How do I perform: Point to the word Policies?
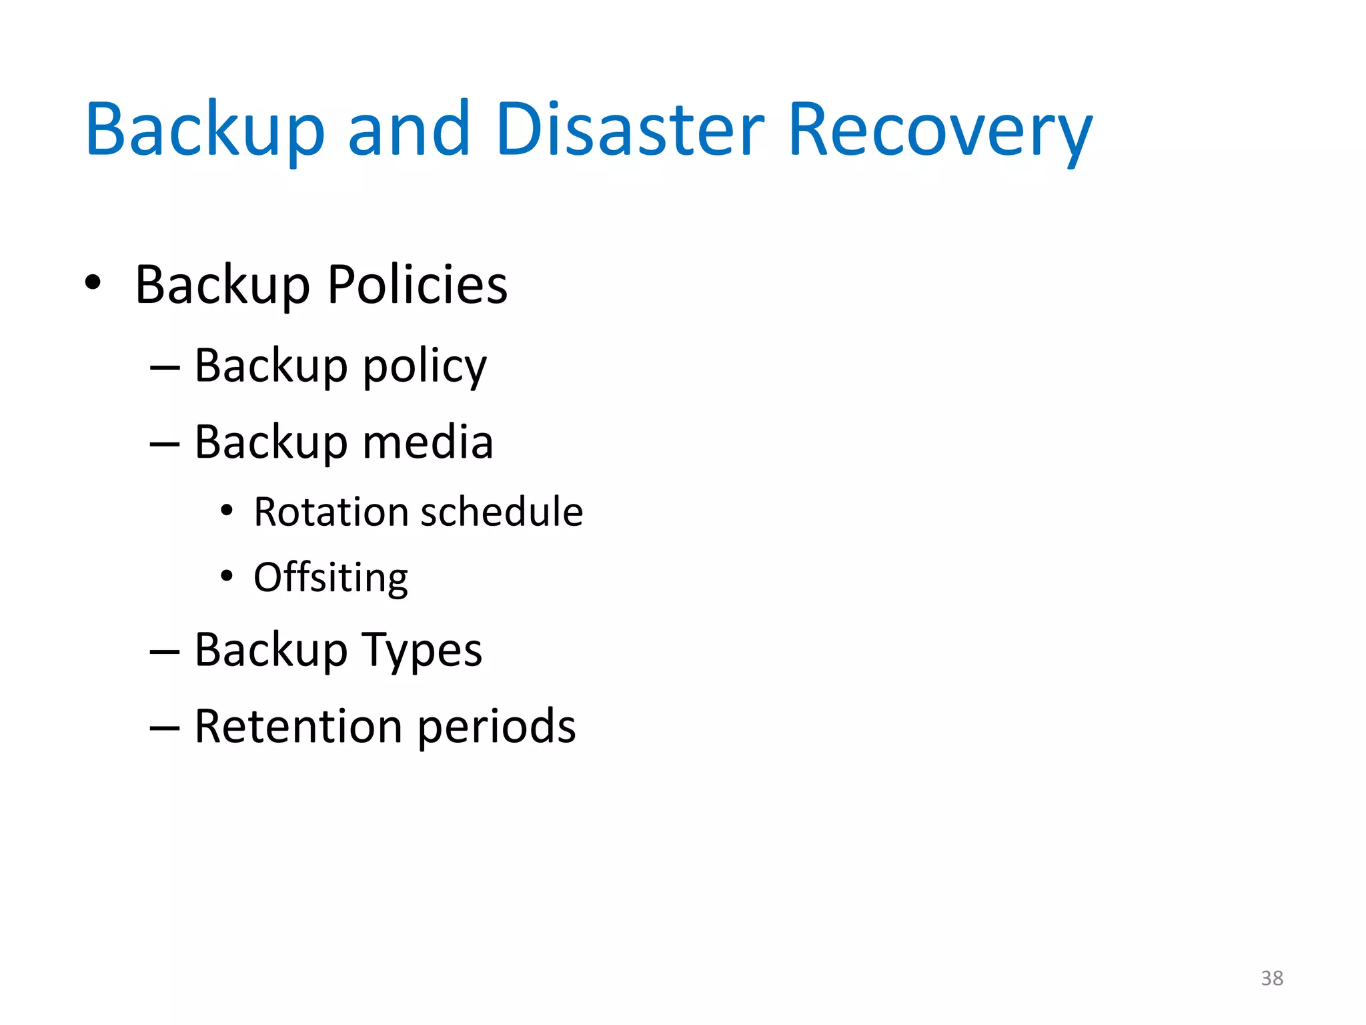(x=418, y=285)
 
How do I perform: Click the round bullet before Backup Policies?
(x=93, y=282)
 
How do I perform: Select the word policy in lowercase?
(x=425, y=367)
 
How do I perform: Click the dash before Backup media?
(x=165, y=444)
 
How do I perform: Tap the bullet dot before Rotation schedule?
(x=227, y=510)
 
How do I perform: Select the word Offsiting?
(x=331, y=577)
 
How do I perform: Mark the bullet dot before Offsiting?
(x=227, y=575)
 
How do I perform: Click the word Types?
(x=422, y=651)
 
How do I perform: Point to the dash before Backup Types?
(x=165, y=651)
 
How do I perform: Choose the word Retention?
(x=298, y=726)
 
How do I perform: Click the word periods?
(x=497, y=726)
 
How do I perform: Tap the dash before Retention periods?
(x=165, y=727)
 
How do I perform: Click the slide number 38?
(x=1272, y=978)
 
